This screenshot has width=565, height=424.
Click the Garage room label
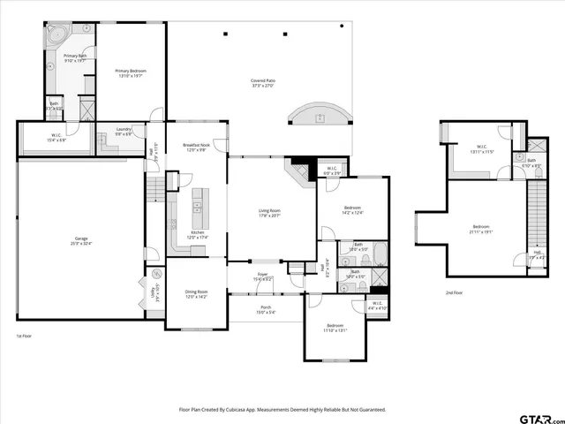point(81,240)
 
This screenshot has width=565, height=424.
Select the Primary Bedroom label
point(131,72)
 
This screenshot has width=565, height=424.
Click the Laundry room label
point(124,132)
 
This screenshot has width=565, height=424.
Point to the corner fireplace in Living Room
point(300,170)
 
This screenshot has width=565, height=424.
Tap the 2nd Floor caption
point(453,292)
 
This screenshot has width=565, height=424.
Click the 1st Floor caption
point(24,336)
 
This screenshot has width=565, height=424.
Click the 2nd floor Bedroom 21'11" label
point(481,229)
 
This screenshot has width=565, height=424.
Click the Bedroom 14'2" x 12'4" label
point(352,210)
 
